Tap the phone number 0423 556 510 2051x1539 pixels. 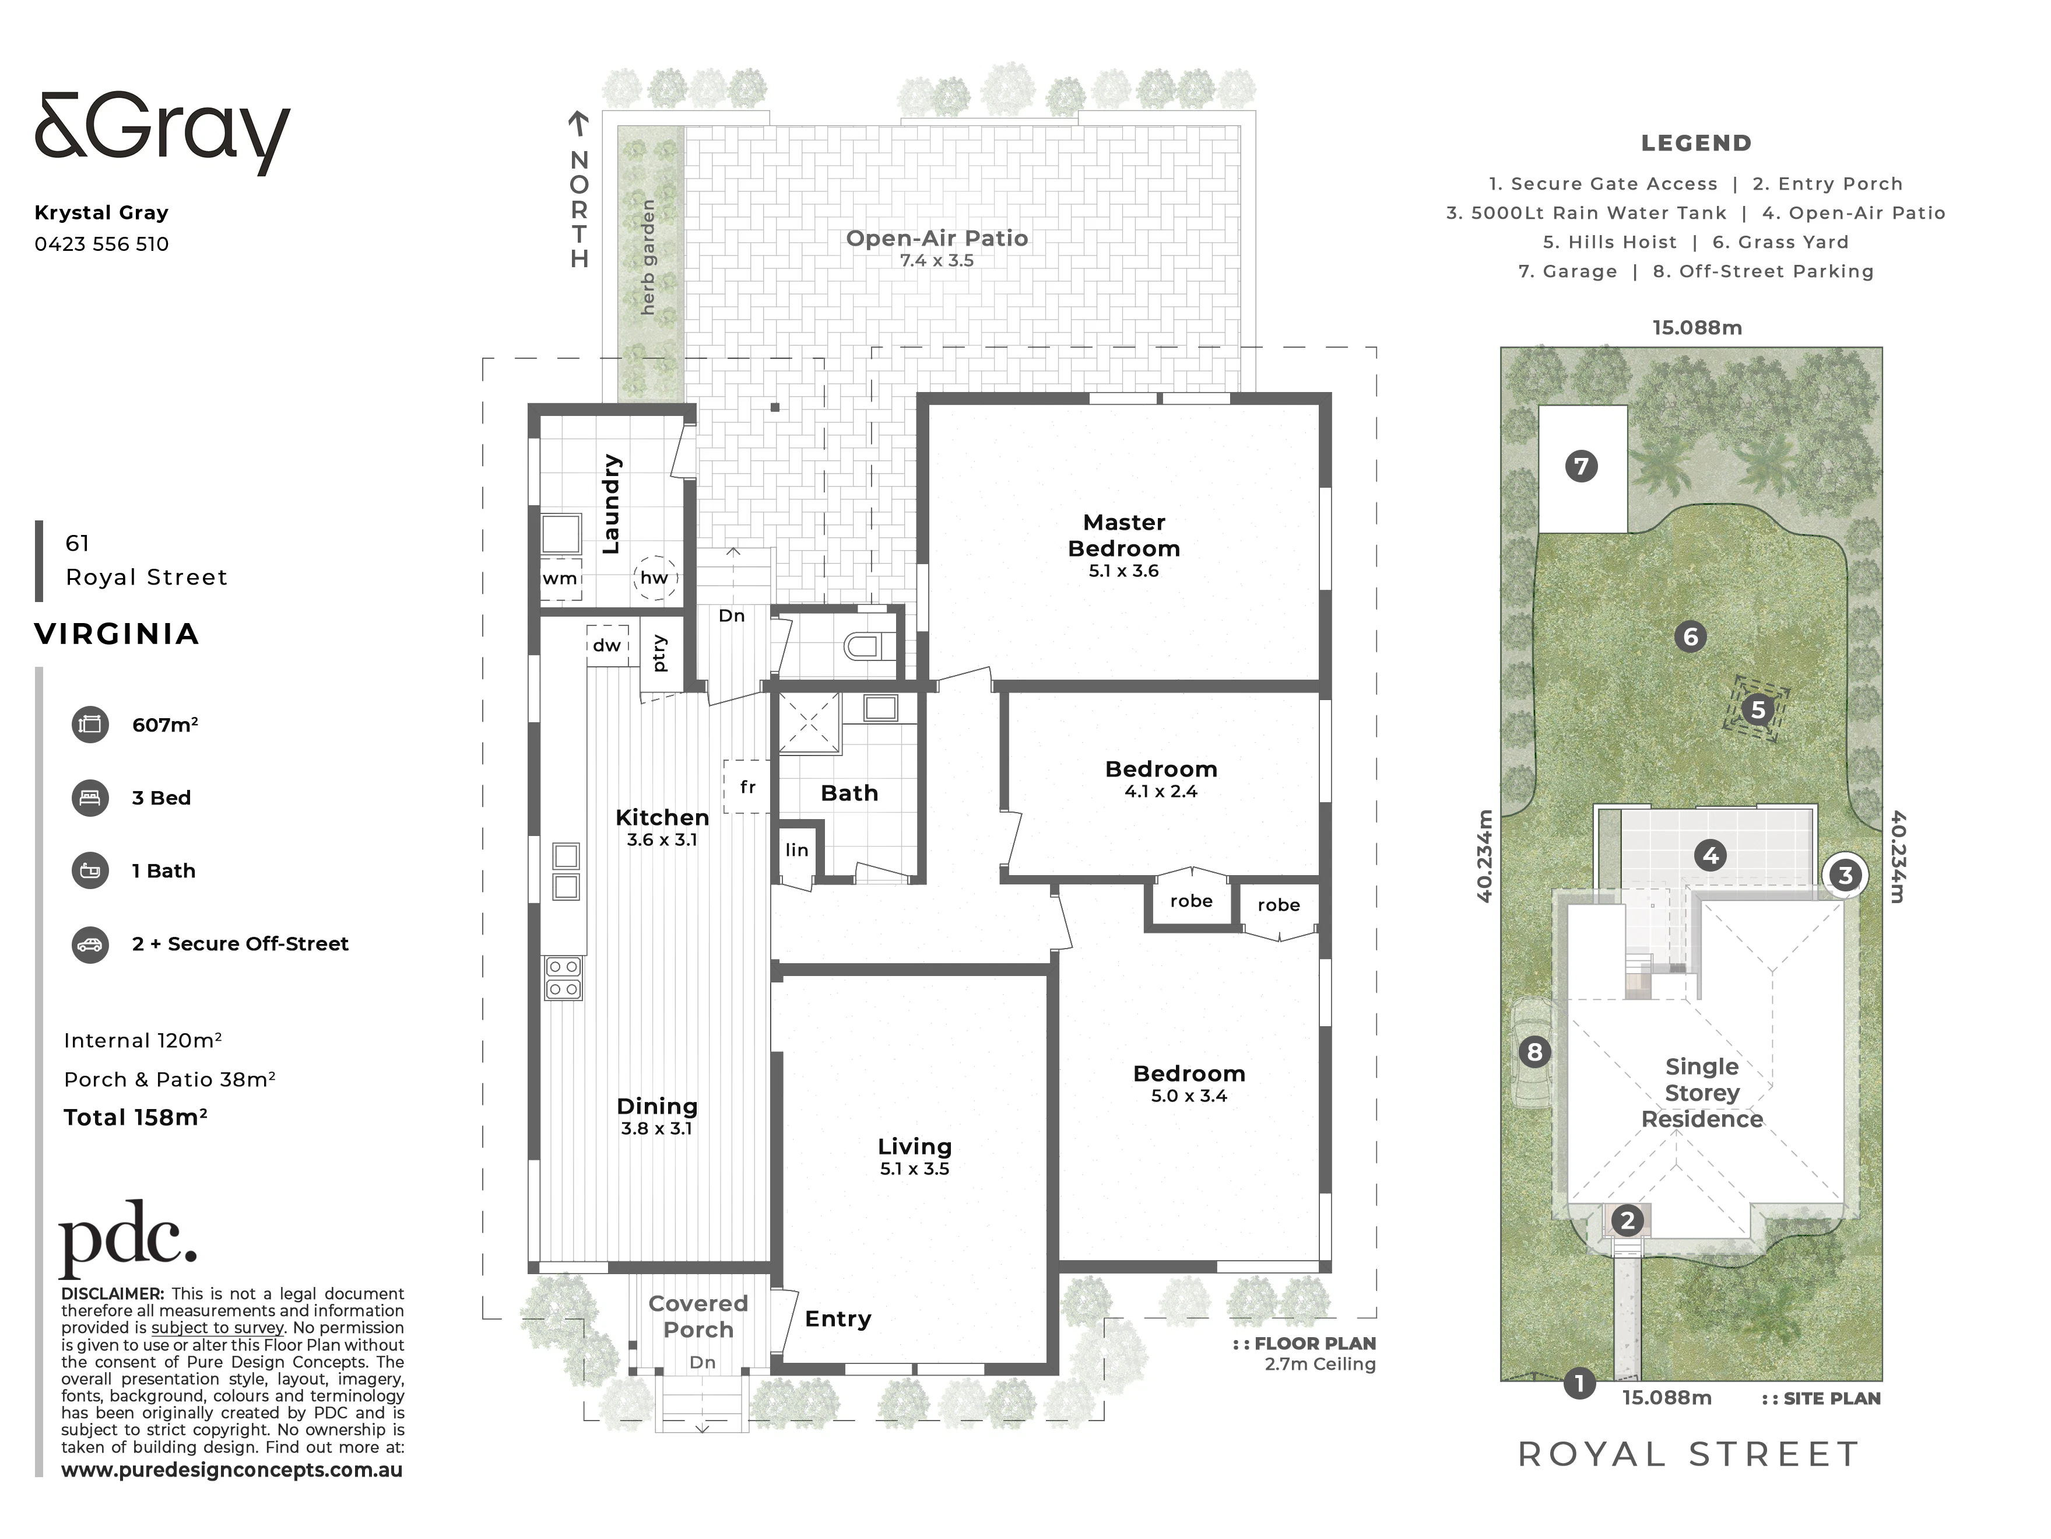coord(102,244)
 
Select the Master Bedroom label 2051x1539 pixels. coord(1124,535)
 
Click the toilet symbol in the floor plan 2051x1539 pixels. coord(870,646)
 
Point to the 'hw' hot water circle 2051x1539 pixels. coord(655,577)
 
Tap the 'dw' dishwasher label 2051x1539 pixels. coord(607,645)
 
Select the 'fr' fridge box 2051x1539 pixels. coord(747,786)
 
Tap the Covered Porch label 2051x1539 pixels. coord(698,1316)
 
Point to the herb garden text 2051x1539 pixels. coord(648,257)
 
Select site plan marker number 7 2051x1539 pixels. coord(1582,466)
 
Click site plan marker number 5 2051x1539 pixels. coord(1757,711)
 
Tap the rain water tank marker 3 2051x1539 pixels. coord(1845,875)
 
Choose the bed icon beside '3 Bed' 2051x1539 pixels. coord(90,798)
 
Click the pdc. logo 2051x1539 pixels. coord(128,1239)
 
